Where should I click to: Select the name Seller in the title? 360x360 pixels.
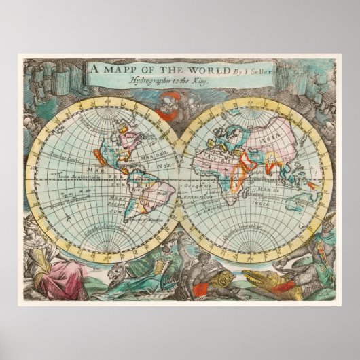pos(235,69)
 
